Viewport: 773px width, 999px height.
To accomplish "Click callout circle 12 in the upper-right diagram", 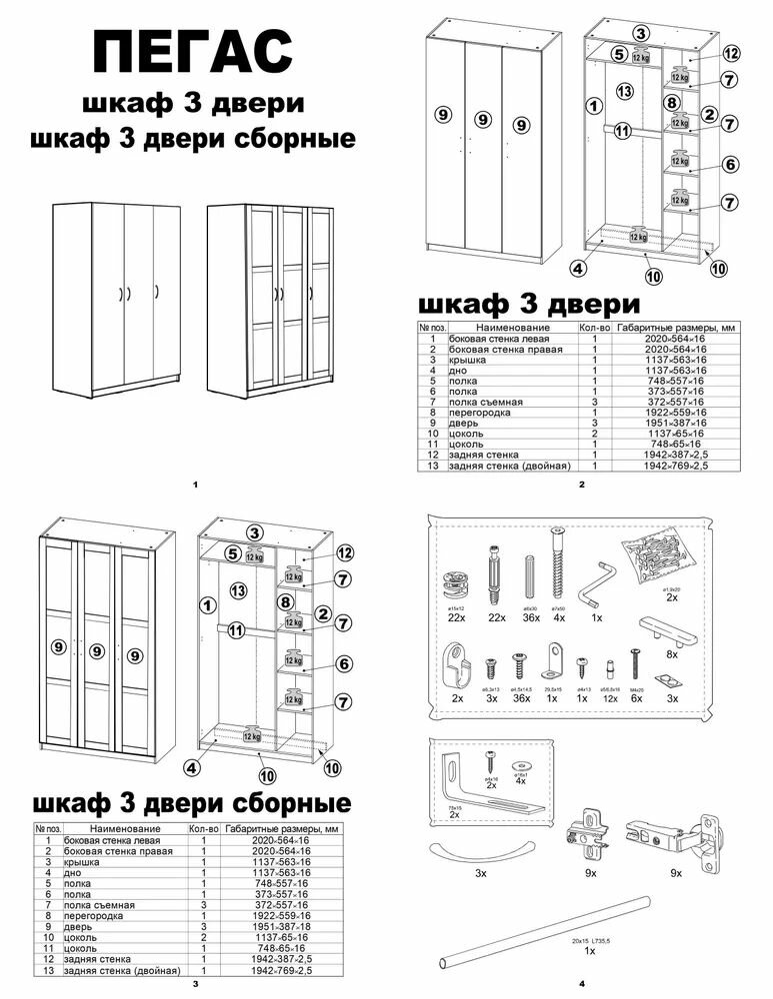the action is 731,53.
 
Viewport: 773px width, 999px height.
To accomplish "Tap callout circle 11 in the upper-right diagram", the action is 622,130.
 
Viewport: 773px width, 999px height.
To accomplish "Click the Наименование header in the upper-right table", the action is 513,328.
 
